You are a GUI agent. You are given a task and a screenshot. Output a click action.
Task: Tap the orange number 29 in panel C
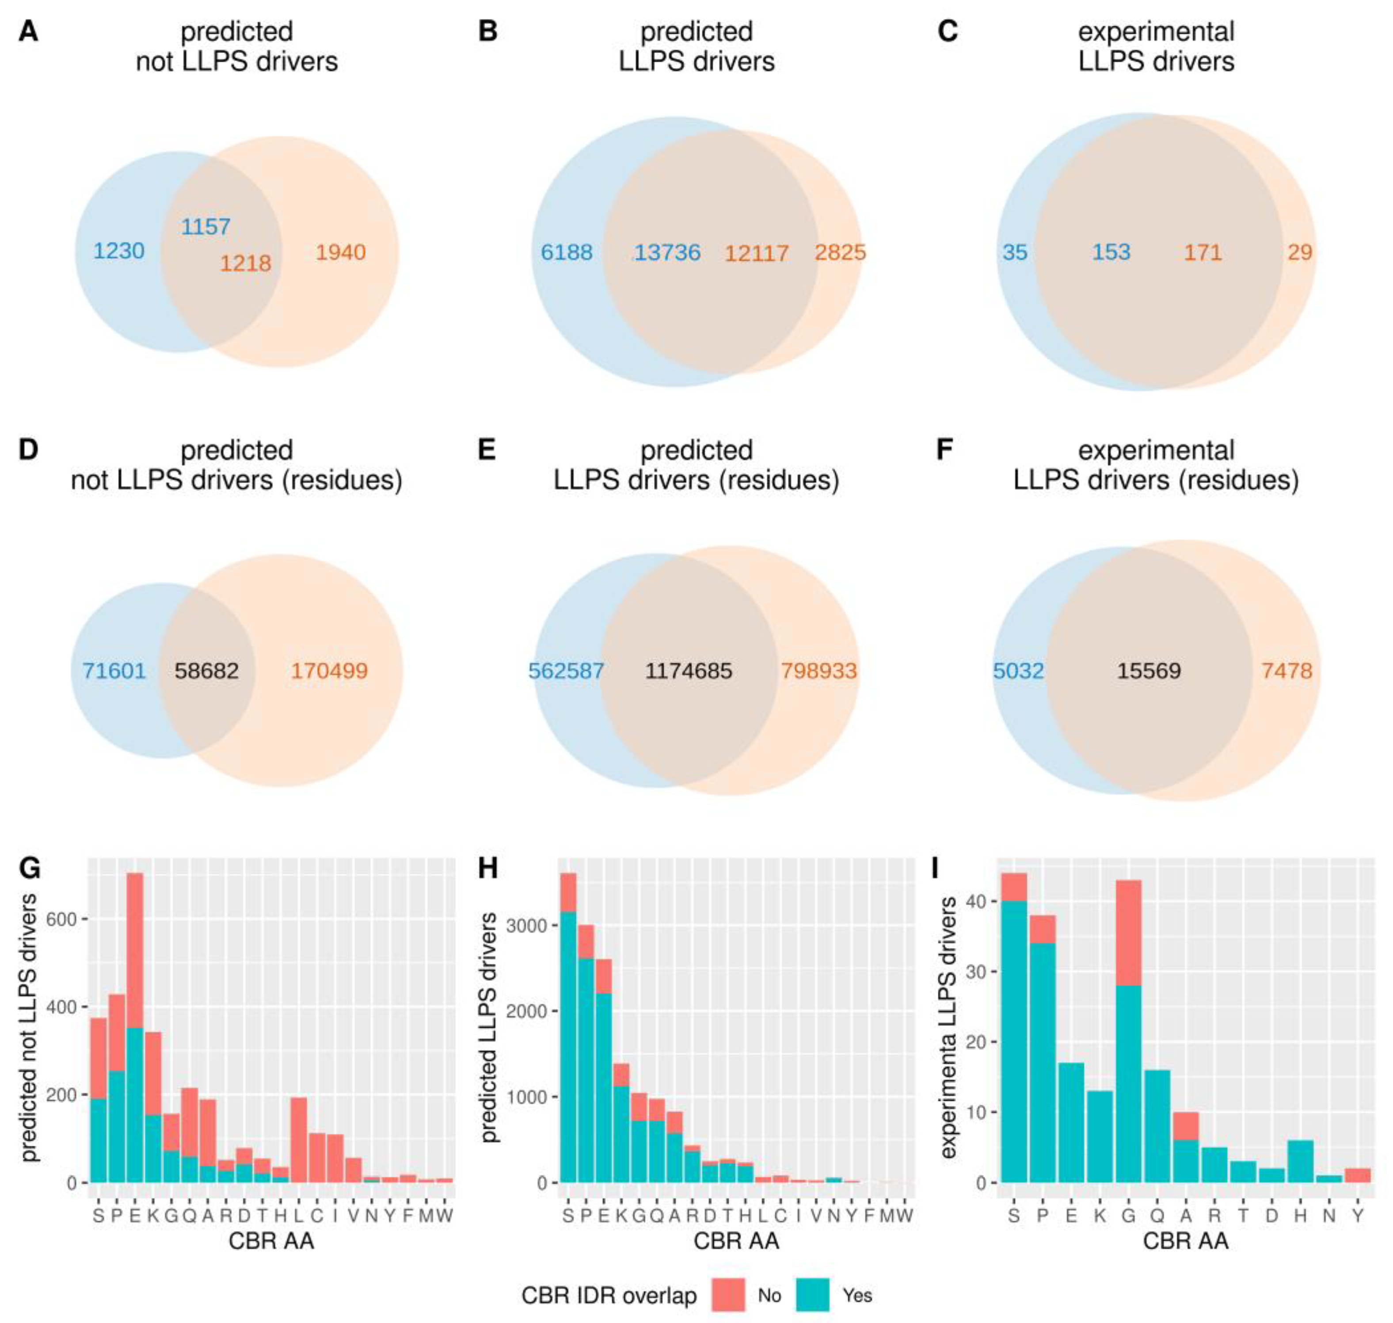click(1299, 252)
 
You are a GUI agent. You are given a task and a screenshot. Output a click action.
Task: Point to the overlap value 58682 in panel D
click(206, 670)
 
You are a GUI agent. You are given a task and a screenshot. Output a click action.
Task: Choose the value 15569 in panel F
click(1148, 670)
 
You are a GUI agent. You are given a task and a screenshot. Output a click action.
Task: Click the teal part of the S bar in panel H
click(567, 1044)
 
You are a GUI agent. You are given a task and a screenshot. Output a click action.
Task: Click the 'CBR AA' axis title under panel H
click(736, 1240)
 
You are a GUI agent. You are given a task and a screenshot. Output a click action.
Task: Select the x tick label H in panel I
click(1300, 1215)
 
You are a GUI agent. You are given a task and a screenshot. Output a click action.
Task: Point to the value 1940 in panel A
click(340, 252)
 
